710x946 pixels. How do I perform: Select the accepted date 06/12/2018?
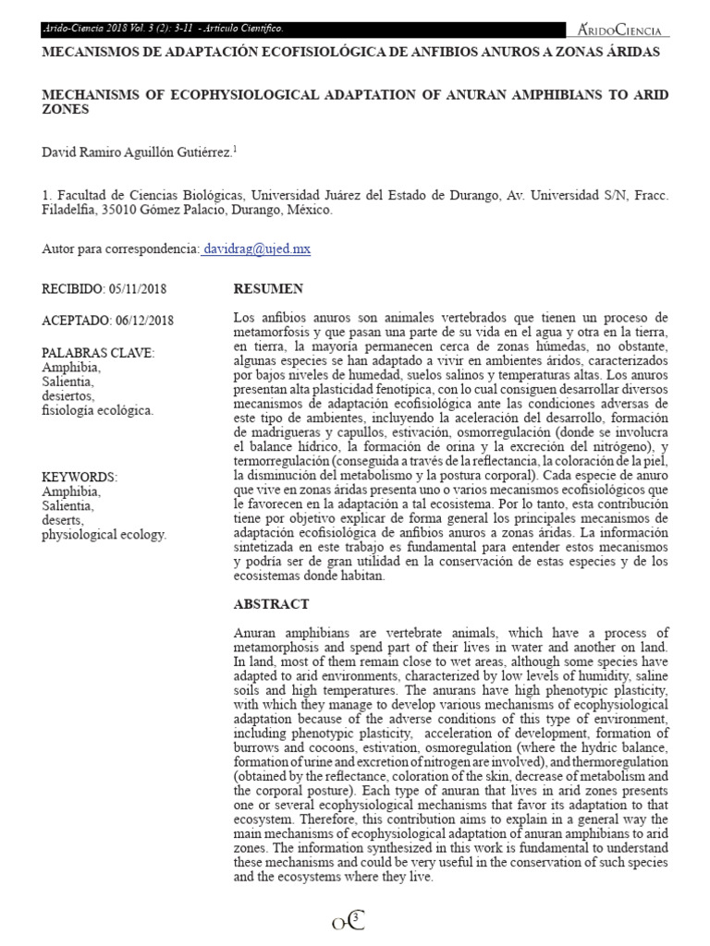pyautogui.click(x=143, y=321)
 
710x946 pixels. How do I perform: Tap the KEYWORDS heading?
pyautogui.click(x=80, y=477)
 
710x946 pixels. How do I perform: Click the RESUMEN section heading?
pyautogui.click(x=268, y=289)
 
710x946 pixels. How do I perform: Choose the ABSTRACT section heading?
pyautogui.click(x=272, y=604)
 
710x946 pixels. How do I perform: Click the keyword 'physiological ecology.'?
pyautogui.click(x=104, y=534)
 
